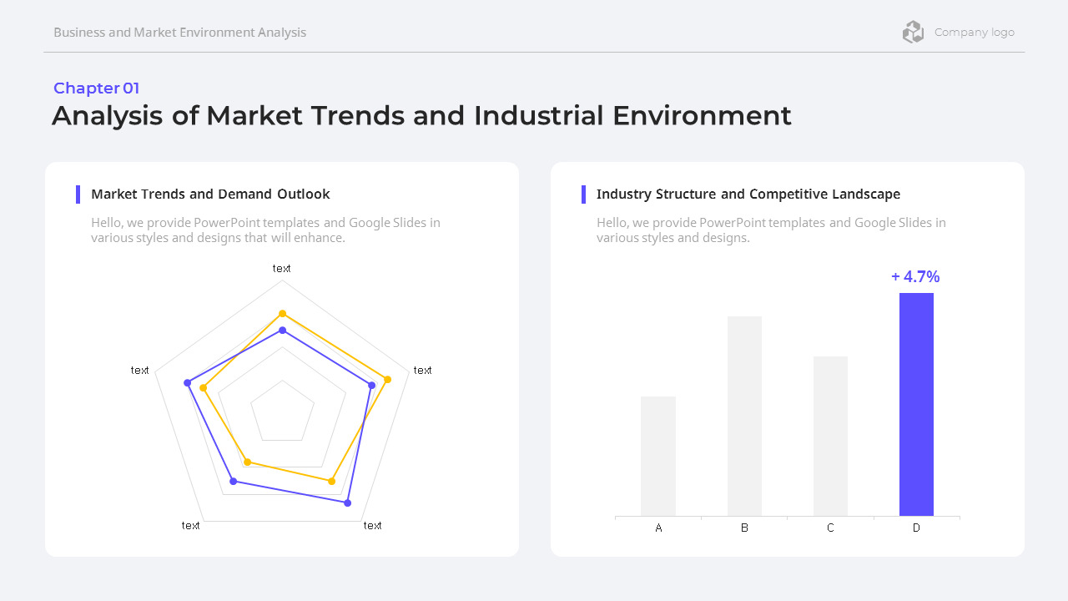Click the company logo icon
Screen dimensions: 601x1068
tap(913, 33)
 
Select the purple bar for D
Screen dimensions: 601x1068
tap(916, 404)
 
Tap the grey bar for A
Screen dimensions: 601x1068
tap(658, 456)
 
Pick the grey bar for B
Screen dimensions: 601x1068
tap(744, 416)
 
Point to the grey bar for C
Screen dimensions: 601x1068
tap(830, 436)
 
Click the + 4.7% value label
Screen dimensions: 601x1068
tap(915, 277)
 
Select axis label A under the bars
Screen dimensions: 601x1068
tap(658, 528)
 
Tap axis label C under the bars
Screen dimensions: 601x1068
tap(830, 528)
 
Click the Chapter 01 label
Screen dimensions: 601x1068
tap(97, 88)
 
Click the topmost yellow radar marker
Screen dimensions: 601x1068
tap(283, 314)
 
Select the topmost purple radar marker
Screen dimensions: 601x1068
tap(283, 331)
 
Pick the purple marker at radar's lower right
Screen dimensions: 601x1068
tap(348, 503)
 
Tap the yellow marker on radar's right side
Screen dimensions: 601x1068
tap(388, 380)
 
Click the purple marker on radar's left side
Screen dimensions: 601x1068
tap(187, 383)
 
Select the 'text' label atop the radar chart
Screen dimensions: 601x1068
tap(282, 268)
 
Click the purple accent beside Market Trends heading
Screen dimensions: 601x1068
tap(78, 194)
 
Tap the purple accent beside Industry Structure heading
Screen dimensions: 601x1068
tap(583, 194)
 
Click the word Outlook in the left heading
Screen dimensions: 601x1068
tap(304, 194)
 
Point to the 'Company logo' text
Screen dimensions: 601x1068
tap(975, 33)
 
